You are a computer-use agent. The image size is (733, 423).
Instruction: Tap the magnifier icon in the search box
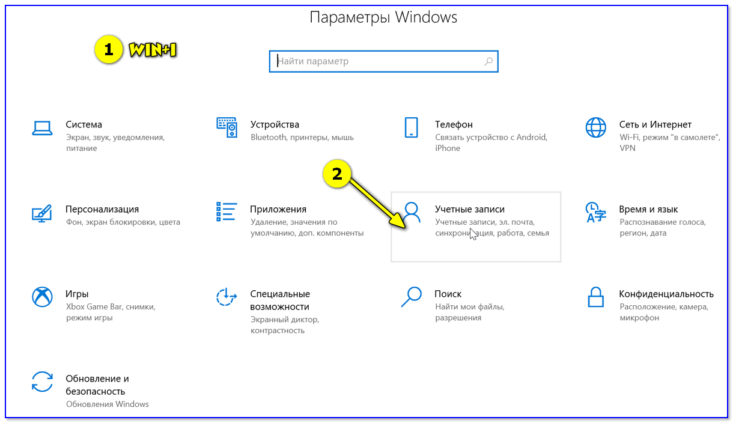(x=488, y=61)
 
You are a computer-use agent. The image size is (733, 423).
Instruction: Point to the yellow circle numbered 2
(x=337, y=174)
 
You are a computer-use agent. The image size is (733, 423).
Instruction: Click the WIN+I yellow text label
(x=153, y=51)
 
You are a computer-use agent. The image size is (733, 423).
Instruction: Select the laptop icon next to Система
(x=42, y=127)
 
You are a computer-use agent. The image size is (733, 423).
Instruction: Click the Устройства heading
(x=275, y=125)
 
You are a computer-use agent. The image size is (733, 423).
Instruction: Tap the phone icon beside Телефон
(x=412, y=127)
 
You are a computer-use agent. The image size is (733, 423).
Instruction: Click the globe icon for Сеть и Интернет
(x=595, y=127)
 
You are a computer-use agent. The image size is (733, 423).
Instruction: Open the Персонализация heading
(x=102, y=210)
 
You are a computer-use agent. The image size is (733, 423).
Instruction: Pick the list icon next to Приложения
(x=227, y=212)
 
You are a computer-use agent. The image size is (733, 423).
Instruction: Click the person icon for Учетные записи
(x=412, y=212)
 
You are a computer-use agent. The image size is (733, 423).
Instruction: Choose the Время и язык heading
(x=648, y=210)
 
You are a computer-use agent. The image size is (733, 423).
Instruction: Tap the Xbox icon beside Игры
(x=42, y=297)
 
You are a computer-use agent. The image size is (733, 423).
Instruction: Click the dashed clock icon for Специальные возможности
(x=227, y=297)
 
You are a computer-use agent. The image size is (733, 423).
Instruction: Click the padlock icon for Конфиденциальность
(x=595, y=297)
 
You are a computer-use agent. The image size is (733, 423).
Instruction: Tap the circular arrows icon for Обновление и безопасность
(x=42, y=382)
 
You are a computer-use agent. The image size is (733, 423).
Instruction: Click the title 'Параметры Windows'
(x=383, y=17)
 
